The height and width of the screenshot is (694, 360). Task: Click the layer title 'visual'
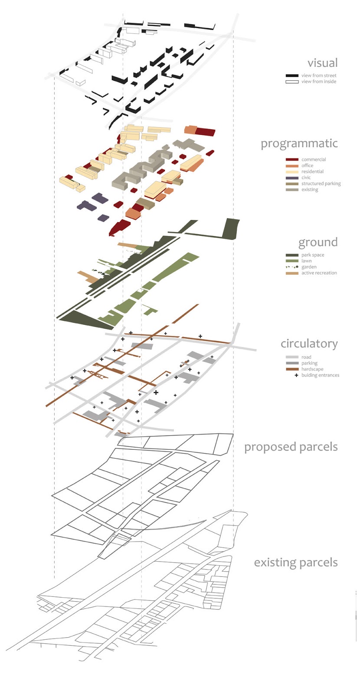(322, 63)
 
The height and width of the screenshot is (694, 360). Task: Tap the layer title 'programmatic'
(299, 144)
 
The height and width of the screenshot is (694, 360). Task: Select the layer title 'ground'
(317, 242)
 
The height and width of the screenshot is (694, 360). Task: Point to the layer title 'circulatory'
(309, 344)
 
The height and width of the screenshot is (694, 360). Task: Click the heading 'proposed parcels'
(291, 447)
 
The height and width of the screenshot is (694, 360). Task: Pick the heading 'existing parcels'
(295, 563)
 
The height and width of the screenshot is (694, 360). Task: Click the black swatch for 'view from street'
(292, 75)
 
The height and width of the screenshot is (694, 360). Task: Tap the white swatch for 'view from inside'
(292, 82)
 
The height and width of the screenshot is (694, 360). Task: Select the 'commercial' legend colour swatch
(292, 160)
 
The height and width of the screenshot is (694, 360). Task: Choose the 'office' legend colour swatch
(292, 166)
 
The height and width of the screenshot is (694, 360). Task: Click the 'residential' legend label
(312, 172)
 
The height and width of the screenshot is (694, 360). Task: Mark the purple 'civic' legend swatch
(292, 178)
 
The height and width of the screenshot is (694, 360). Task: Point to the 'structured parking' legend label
(321, 184)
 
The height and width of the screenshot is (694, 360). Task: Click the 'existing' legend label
(310, 190)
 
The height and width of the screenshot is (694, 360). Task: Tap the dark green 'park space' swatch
(292, 255)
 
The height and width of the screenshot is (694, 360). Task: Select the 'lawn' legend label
(306, 261)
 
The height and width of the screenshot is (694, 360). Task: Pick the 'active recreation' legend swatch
(292, 273)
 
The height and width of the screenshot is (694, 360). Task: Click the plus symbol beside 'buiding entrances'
(297, 375)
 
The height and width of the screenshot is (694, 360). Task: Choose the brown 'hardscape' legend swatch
(292, 369)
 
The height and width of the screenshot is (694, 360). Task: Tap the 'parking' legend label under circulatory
(309, 363)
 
